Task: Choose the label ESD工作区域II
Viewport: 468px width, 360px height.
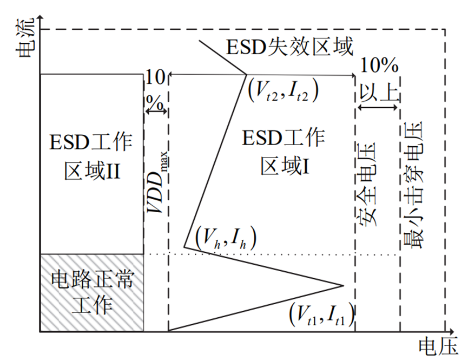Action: coord(91,157)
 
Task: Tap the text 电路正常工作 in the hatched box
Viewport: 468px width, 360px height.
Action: coord(91,292)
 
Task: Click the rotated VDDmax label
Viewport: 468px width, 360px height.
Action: coord(157,173)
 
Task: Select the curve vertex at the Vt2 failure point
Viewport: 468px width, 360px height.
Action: coord(247,75)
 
